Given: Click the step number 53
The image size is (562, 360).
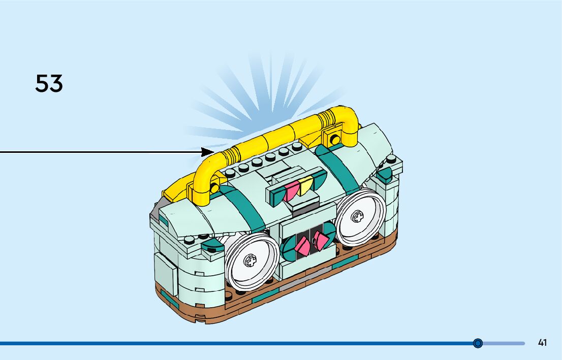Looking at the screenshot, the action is [49, 84].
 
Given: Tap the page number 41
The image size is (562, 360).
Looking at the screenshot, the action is [542, 343].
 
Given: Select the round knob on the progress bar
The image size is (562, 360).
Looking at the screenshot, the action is [478, 343].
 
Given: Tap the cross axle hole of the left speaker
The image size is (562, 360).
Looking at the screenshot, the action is [249, 261].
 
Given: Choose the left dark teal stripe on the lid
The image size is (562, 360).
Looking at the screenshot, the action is [244, 206].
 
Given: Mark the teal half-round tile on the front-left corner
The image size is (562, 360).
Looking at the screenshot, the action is [212, 247].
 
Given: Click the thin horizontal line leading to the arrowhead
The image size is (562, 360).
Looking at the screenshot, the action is [102, 151].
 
